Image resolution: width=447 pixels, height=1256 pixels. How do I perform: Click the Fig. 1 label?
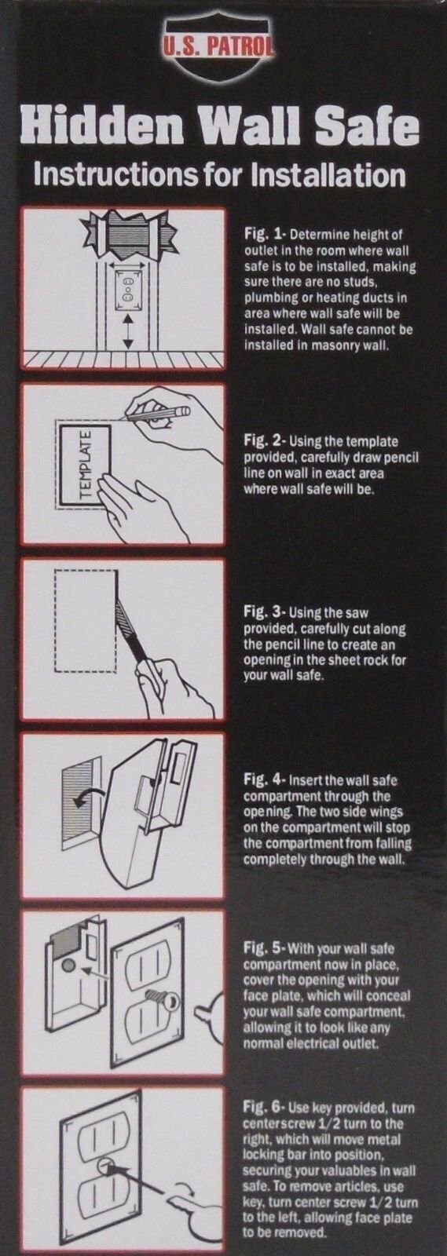pyautogui.click(x=262, y=235)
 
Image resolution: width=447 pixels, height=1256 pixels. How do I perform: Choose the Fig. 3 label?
pyautogui.click(x=262, y=612)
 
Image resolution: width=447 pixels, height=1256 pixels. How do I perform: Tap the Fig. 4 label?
pyautogui.click(x=262, y=782)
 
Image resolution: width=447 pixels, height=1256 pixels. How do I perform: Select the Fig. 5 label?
pyautogui.click(x=262, y=945)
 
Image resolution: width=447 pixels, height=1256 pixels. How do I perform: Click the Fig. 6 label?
pyautogui.click(x=262, y=1109)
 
